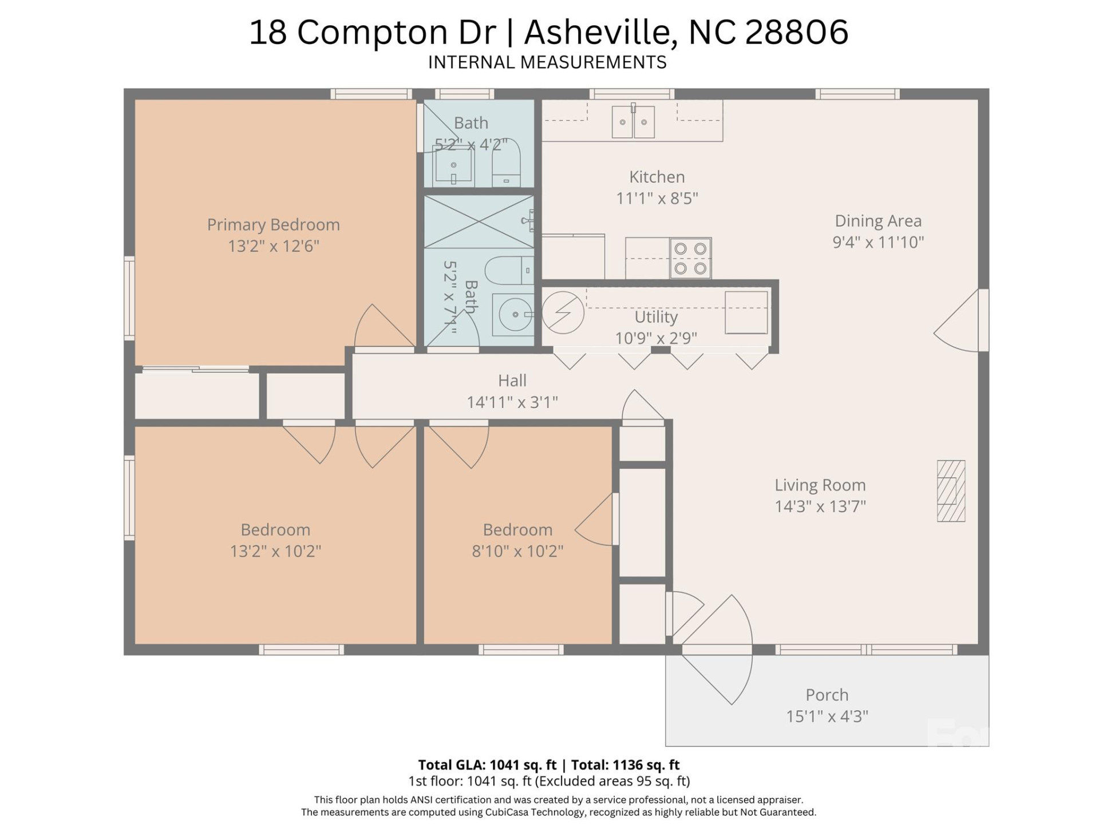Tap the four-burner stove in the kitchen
coord(690,258)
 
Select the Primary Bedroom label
coord(273,225)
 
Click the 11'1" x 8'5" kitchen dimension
coord(657,199)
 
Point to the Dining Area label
coord(877,221)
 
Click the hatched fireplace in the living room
coord(951,491)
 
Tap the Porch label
coord(827,695)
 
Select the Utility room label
coord(656,317)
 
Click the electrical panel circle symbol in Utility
coord(563,312)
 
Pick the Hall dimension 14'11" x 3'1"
coord(512,402)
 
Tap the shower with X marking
coord(479,221)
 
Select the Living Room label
coord(820,485)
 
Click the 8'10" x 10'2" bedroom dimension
coord(517,551)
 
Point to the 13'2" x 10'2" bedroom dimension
coord(275,551)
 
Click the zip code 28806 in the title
coord(796,32)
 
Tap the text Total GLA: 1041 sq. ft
coord(487,764)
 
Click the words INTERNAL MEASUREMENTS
coord(547,62)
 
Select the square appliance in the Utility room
coord(746,312)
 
